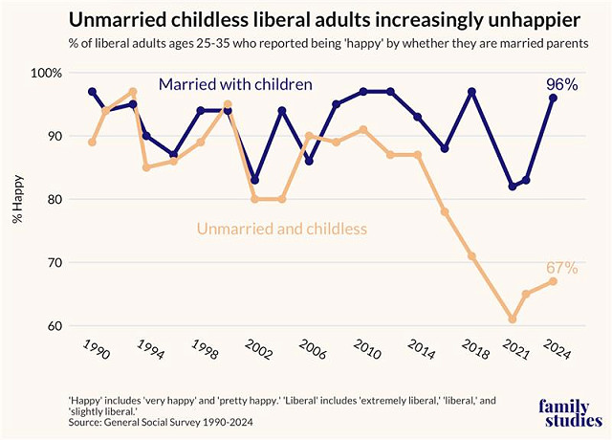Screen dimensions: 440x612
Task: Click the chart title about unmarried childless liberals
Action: click(306, 19)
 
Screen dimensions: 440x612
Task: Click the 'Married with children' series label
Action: click(235, 85)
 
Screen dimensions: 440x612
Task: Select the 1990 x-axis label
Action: click(96, 351)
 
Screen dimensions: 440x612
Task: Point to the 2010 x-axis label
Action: click(366, 351)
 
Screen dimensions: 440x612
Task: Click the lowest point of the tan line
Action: click(513, 319)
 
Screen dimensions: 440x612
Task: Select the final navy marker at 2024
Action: click(553, 99)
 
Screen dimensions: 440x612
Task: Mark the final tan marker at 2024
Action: click(553, 281)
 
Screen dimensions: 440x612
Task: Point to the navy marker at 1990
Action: click(92, 92)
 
